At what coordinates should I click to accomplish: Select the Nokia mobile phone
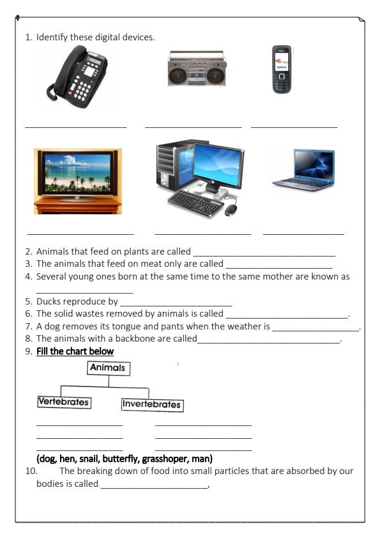[x=282, y=69]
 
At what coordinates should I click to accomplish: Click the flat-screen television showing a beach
[x=77, y=176]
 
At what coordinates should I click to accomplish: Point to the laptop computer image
[x=304, y=170]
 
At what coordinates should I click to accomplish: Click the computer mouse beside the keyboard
[x=231, y=209]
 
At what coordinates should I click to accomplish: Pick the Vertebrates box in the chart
[x=63, y=402]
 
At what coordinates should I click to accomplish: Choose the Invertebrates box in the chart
[x=151, y=404]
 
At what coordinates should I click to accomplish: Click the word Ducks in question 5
[x=49, y=301]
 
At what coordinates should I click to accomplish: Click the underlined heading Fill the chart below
[x=75, y=351]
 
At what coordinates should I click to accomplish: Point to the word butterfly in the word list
[x=135, y=459]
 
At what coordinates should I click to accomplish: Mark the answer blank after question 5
[x=176, y=303]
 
